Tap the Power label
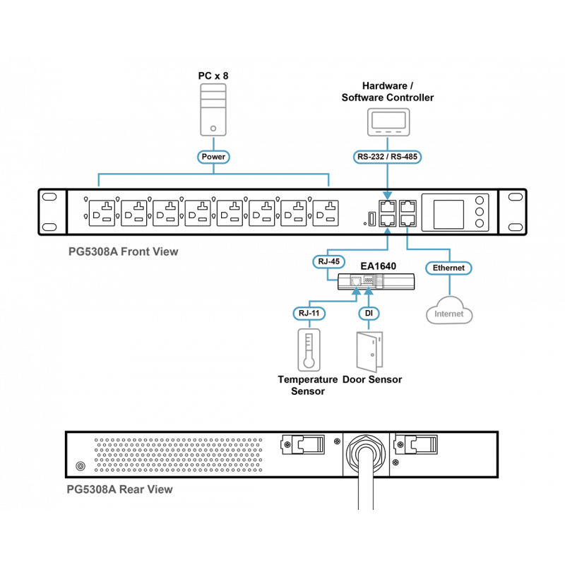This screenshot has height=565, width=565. (213, 157)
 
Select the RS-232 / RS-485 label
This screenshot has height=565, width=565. (388, 157)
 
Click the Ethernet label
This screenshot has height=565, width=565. (448, 268)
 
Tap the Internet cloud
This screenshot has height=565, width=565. (448, 311)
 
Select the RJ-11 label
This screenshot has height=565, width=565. (308, 313)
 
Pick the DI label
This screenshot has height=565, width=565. (368, 313)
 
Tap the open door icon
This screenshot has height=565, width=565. (368, 350)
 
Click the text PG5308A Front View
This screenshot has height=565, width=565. (123, 251)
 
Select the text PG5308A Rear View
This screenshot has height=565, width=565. (119, 489)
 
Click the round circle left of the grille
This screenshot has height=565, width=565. (81, 466)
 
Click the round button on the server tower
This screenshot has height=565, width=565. (213, 129)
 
